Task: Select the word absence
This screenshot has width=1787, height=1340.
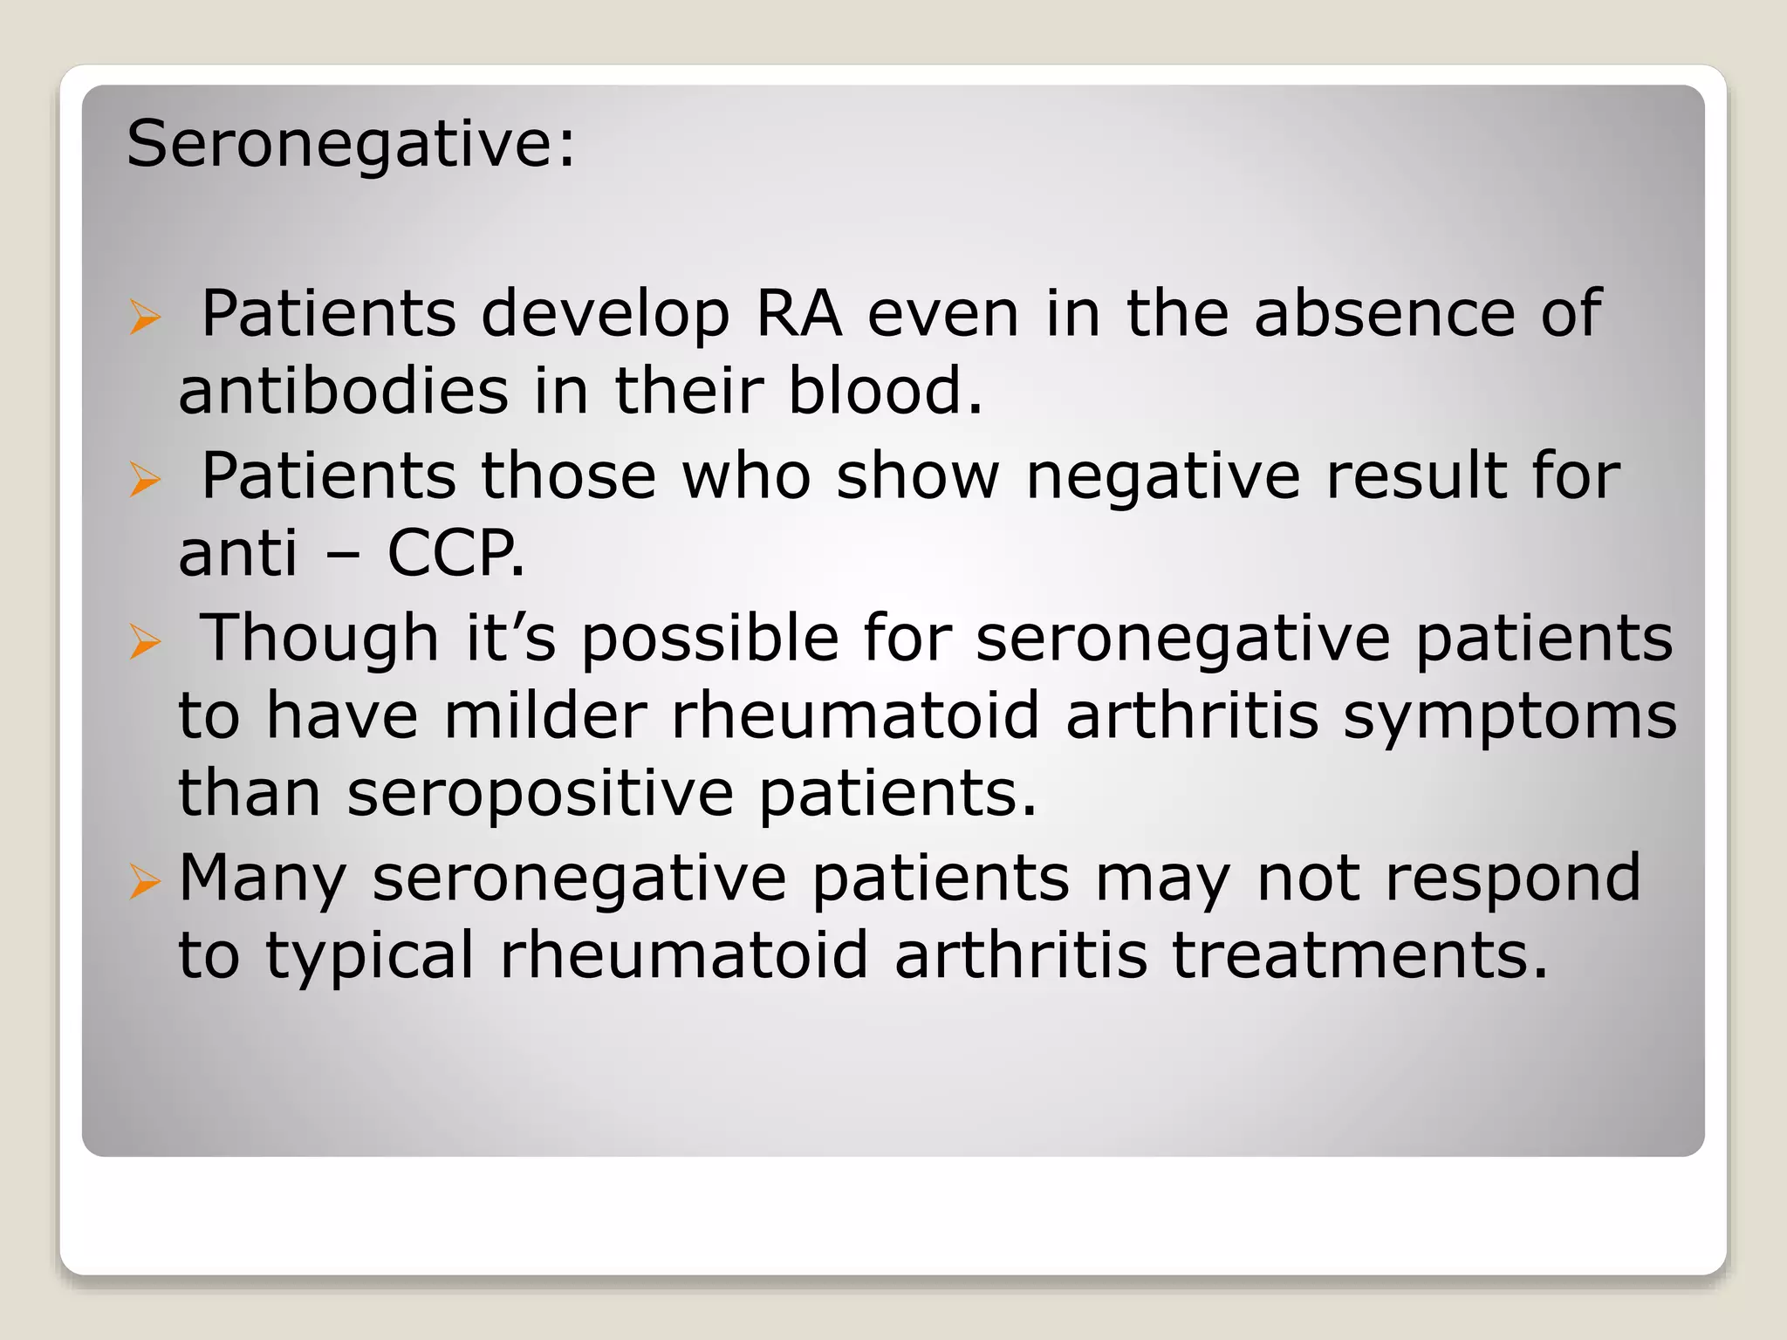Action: tap(1385, 313)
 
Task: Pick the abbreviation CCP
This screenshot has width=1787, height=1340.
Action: tap(455, 553)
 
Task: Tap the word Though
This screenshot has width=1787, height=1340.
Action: tap(319, 639)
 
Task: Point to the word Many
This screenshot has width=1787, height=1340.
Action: tap(263, 879)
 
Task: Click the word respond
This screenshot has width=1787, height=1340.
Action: tap(1513, 879)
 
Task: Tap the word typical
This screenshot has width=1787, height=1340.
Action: tap(370, 956)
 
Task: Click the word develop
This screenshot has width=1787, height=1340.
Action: tap(606, 315)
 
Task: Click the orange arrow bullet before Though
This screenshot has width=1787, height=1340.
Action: tap(145, 642)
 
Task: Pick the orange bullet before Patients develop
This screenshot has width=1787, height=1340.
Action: tap(145, 317)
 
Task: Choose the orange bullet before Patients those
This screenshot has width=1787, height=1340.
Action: tap(145, 479)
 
